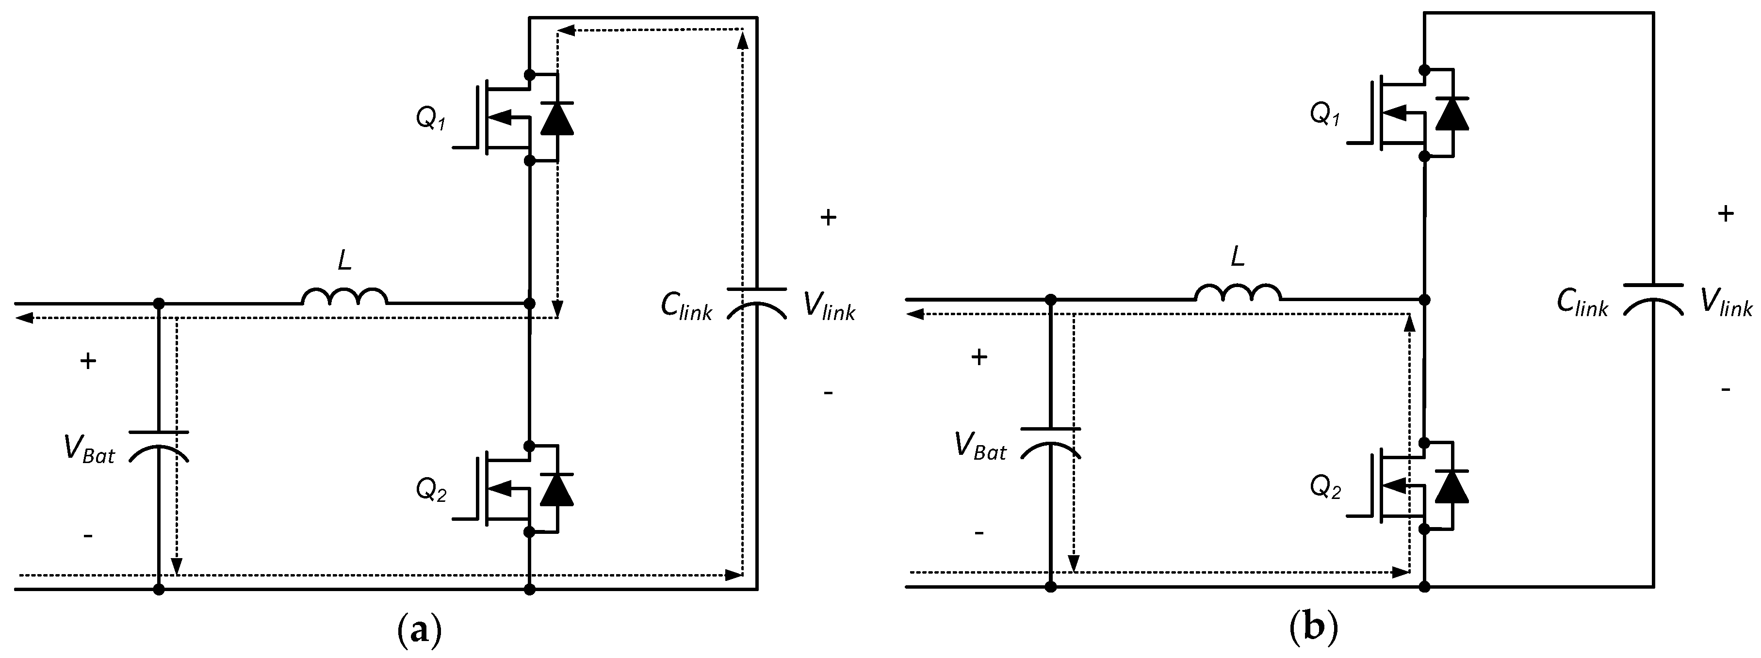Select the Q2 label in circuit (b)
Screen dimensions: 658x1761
[x=1325, y=487]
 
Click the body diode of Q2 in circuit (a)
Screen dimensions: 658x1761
[x=556, y=489]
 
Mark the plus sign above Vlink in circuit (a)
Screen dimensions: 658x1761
[x=828, y=218]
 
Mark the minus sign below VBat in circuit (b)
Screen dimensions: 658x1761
[x=978, y=532]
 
